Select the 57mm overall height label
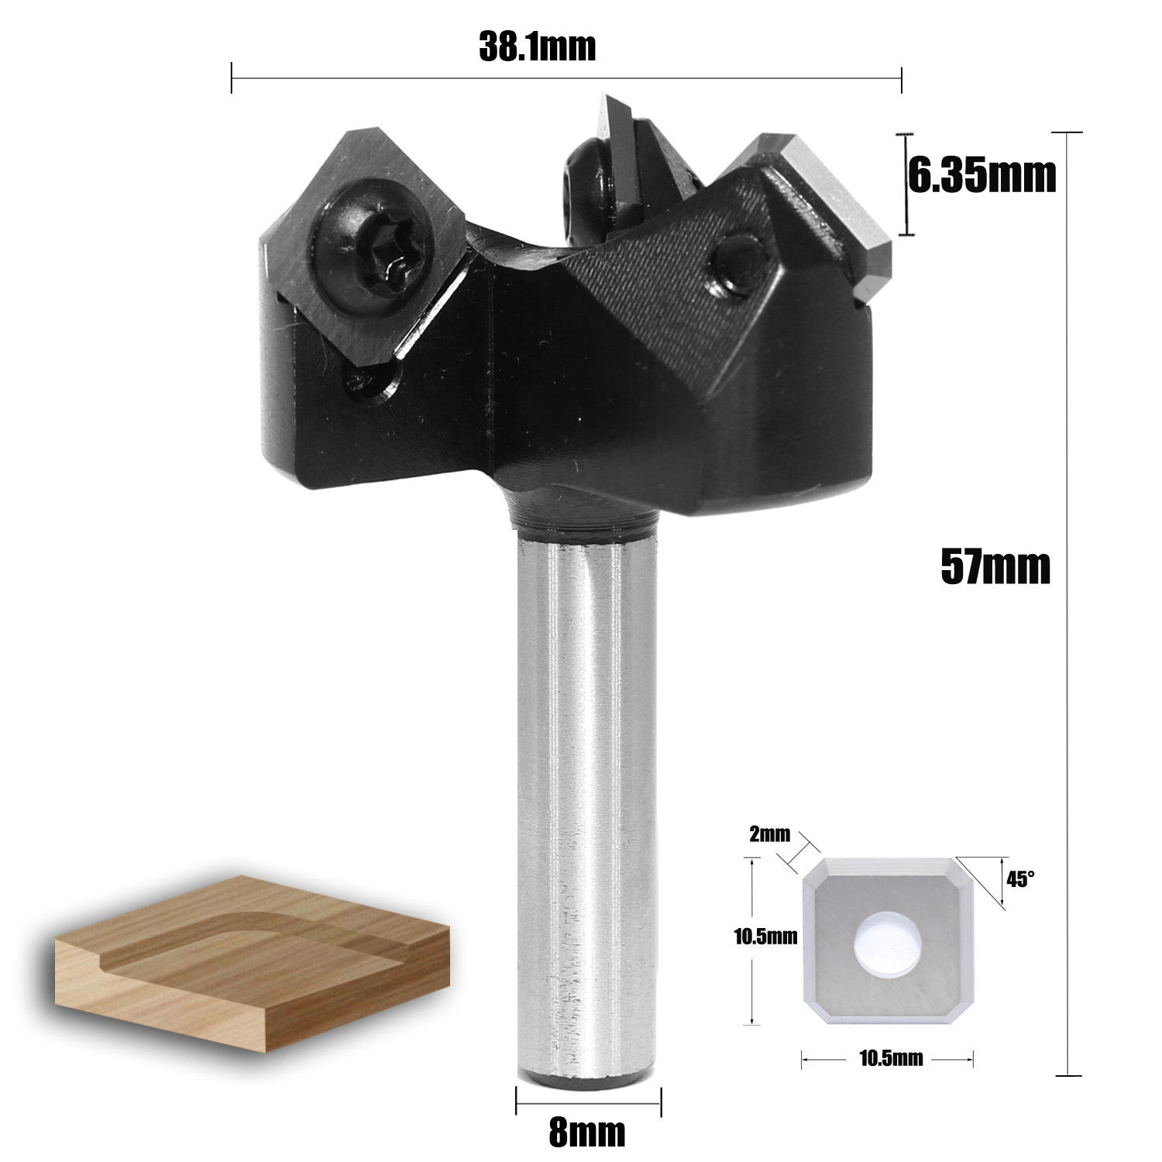(x=995, y=566)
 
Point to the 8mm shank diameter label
(x=586, y=1133)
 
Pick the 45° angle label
(x=1020, y=879)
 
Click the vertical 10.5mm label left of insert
(x=765, y=938)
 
